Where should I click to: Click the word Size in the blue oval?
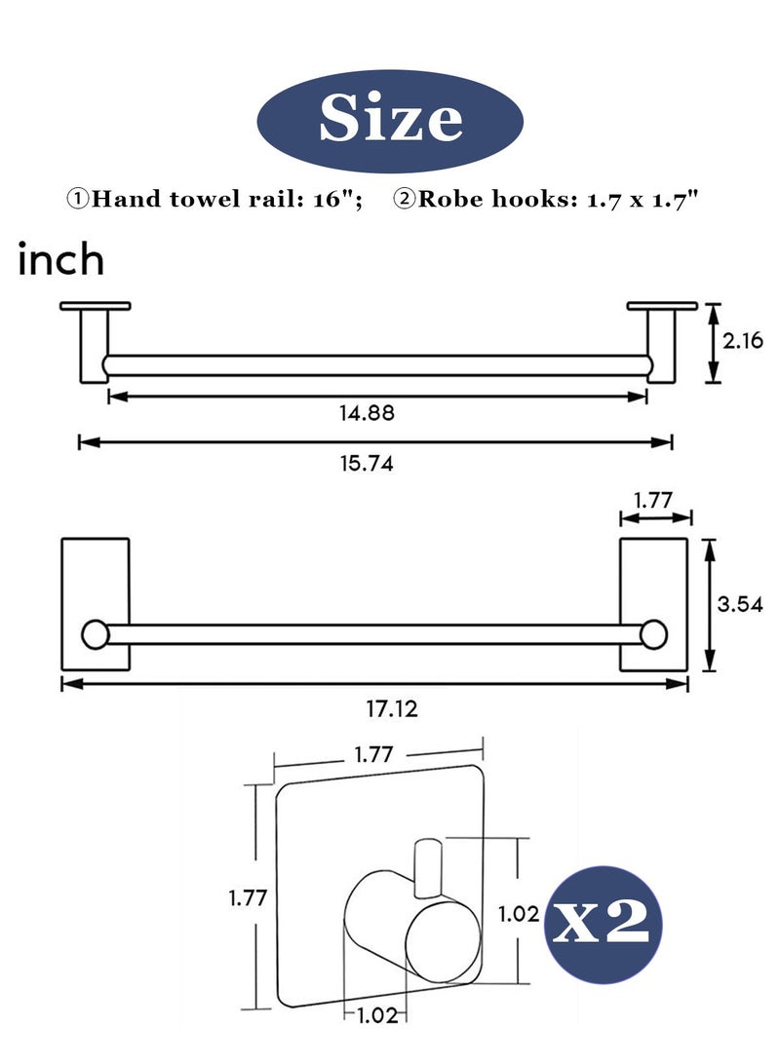[390, 120]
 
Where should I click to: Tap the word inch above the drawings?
[61, 261]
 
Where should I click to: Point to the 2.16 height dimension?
[742, 341]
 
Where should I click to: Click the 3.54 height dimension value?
[740, 603]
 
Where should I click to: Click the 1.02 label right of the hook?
[518, 914]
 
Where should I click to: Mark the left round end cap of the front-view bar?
[96, 635]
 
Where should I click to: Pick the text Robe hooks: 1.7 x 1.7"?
[546, 200]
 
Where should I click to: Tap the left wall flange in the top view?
[95, 306]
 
